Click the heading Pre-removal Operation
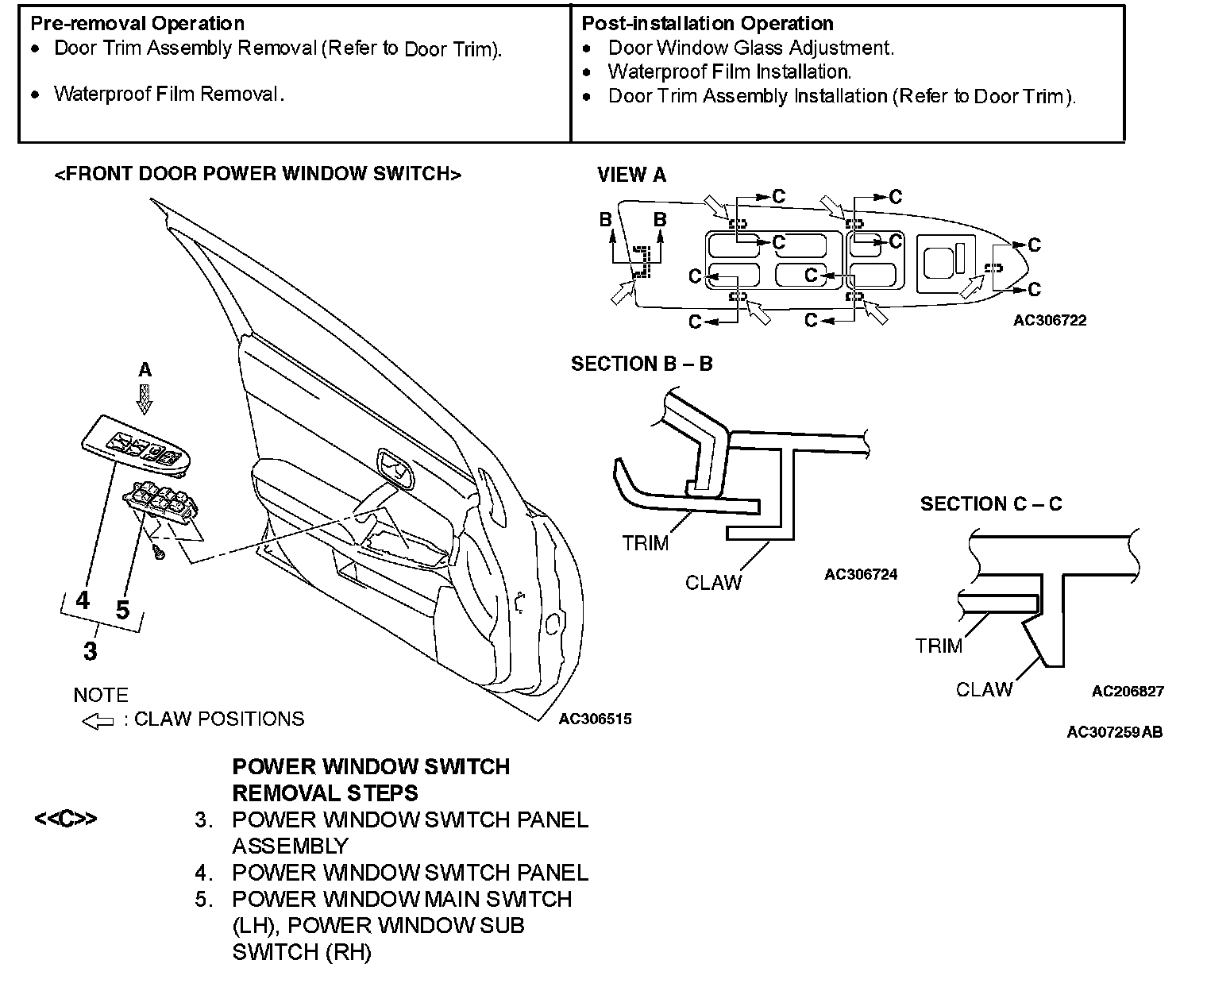137,23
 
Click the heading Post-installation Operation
708,23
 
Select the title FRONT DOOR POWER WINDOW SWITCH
257,174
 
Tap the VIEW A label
631,175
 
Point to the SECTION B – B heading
642,364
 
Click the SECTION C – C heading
990,503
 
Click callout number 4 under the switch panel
83,600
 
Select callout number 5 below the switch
122,610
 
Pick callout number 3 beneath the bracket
91,651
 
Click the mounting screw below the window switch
159,551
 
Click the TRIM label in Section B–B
645,543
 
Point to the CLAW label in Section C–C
984,689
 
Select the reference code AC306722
1049,320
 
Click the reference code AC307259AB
1114,731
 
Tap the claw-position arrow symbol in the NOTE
98,721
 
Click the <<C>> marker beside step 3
65,819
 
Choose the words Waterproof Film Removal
168,94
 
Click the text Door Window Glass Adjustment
750,48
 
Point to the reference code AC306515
595,719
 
